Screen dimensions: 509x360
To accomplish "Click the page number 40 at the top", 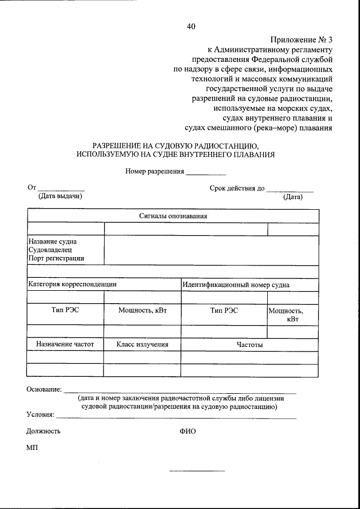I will [191, 26].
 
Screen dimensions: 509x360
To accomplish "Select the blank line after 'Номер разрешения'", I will [206, 172].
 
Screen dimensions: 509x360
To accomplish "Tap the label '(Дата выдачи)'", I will [60, 196].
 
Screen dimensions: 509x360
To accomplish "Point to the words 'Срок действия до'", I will [237, 188].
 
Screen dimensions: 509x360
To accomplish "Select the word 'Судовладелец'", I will [49, 250].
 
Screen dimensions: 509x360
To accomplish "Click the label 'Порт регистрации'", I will [56, 258].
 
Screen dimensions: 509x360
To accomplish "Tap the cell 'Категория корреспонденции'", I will [73, 285].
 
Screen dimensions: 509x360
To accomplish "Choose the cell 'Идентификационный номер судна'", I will [236, 285].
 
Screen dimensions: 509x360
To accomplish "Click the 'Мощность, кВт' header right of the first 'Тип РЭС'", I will [143, 310].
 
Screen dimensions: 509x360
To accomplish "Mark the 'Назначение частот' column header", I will [65, 344].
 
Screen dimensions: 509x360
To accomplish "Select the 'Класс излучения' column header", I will [142, 344].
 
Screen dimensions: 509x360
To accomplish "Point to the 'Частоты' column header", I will [249, 344].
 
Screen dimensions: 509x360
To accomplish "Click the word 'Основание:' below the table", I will [44, 389].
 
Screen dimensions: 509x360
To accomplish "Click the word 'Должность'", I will [43, 431].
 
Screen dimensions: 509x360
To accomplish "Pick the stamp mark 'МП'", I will [32, 448].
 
